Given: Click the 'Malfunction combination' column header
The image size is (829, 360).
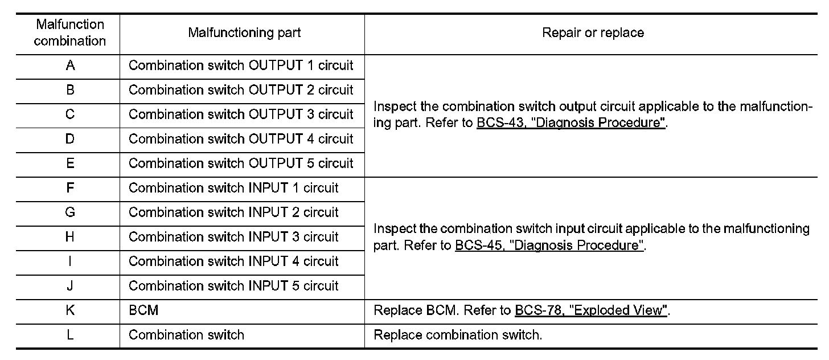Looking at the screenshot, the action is (x=70, y=32).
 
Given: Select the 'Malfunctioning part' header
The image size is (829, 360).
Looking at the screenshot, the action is (x=244, y=32).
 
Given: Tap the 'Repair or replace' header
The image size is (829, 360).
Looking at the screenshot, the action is (x=593, y=32).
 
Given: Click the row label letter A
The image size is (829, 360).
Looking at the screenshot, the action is (x=71, y=66).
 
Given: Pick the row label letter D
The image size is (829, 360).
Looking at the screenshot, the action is (x=70, y=139).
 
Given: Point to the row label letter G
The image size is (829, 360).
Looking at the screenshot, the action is (x=70, y=212).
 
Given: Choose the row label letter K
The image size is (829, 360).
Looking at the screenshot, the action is (x=71, y=310).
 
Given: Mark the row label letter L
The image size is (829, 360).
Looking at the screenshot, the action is (x=70, y=334).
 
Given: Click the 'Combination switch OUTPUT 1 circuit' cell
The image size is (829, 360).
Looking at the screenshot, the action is (x=241, y=66).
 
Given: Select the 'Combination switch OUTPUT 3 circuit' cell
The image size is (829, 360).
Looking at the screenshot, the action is (x=241, y=114).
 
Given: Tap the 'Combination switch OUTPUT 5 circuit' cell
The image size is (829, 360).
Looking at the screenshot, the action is (x=241, y=163).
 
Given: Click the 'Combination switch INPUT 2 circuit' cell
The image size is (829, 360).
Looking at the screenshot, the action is (x=233, y=212).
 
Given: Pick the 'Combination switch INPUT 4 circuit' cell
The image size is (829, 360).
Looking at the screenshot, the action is (x=233, y=261).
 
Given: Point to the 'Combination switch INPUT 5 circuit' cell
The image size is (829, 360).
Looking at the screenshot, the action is (x=233, y=285).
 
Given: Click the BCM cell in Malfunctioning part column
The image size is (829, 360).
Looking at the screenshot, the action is (x=143, y=310).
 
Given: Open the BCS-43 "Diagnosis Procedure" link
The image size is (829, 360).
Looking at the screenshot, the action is (x=571, y=122).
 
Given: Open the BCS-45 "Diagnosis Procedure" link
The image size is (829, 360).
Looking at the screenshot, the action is (x=549, y=245).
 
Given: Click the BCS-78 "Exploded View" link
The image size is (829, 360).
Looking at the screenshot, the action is (x=591, y=310).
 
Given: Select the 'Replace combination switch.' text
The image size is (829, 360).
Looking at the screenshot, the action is (x=458, y=335).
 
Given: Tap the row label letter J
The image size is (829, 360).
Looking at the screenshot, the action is (x=70, y=285).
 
